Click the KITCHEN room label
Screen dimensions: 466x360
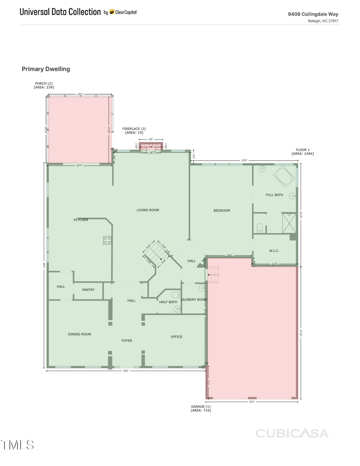pyautogui.click(x=81, y=220)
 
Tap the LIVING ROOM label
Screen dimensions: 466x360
pyautogui.click(x=148, y=210)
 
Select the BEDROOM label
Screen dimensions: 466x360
pyautogui.click(x=221, y=211)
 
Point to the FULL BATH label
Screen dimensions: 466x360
pyautogui.click(x=274, y=195)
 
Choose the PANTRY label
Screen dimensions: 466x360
pyautogui.click(x=88, y=290)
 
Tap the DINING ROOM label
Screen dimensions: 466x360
pyautogui.click(x=80, y=334)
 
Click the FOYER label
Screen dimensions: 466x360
pyautogui.click(x=127, y=341)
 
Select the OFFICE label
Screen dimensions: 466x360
pyautogui.click(x=176, y=337)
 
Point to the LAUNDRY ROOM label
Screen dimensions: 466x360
pyautogui.click(x=194, y=299)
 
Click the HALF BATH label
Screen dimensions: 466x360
pyautogui.click(x=168, y=302)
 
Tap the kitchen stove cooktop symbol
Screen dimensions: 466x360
pyautogui.click(x=108, y=240)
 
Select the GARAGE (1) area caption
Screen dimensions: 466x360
pyautogui.click(x=201, y=408)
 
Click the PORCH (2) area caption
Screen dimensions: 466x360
pyautogui.click(x=44, y=85)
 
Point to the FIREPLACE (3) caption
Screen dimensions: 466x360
pyautogui.click(x=134, y=131)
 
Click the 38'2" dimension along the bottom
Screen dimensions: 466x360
pyautogui.click(x=126, y=371)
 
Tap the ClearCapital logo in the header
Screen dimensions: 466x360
pyautogui.click(x=123, y=12)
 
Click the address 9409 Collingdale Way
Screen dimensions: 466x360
pyautogui.click(x=313, y=14)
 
